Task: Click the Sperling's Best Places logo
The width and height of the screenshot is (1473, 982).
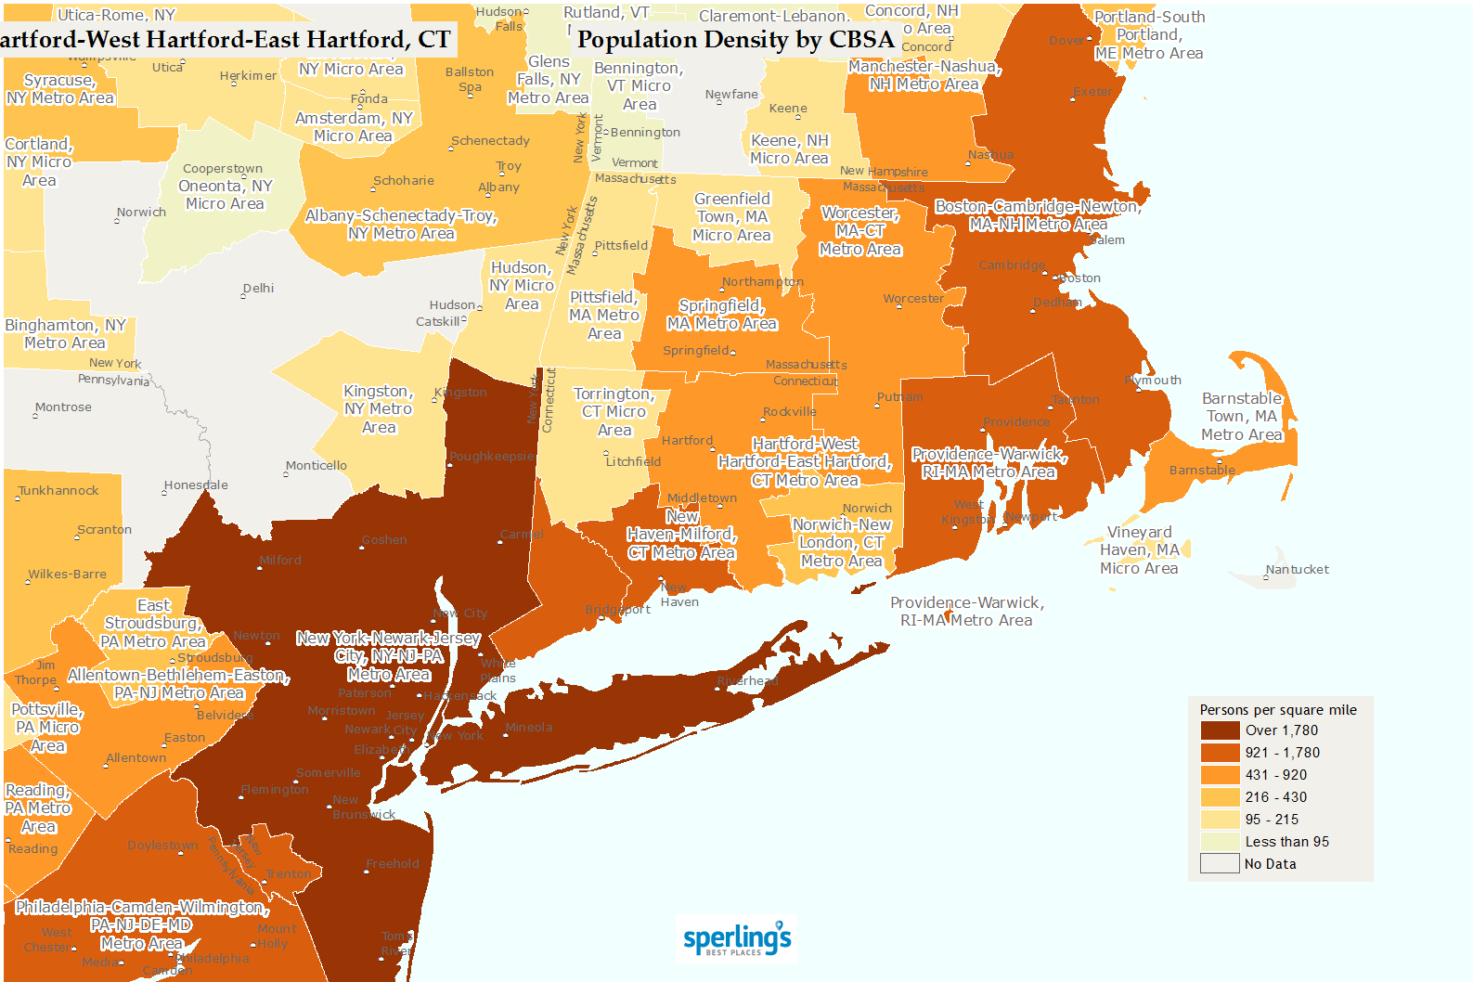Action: click(x=737, y=939)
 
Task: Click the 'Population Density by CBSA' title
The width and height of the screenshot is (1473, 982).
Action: click(x=735, y=40)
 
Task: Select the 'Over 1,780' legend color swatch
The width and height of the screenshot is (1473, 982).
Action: click(x=1220, y=730)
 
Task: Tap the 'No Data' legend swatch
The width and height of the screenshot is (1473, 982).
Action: click(x=1220, y=864)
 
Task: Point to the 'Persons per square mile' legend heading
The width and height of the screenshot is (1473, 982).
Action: click(x=1277, y=710)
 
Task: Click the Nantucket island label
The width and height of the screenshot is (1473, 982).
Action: click(x=1297, y=570)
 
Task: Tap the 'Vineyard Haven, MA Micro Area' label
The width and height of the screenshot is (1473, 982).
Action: click(x=1139, y=550)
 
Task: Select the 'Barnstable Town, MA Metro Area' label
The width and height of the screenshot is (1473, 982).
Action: click(x=1241, y=417)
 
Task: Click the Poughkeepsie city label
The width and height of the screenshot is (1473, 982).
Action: click(x=492, y=457)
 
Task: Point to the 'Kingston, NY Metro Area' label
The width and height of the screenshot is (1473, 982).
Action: click(x=378, y=409)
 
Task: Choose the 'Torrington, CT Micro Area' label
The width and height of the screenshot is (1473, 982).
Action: click(x=614, y=412)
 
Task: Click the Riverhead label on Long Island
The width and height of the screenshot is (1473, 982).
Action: click(x=746, y=681)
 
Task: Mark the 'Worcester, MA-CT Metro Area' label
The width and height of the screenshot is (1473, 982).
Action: click(x=859, y=231)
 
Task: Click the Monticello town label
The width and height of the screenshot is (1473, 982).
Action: click(x=317, y=466)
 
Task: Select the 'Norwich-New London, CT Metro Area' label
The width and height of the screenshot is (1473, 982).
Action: click(x=841, y=543)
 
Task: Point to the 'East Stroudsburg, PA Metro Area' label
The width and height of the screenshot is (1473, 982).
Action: click(x=153, y=624)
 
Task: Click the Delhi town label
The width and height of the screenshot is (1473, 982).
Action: click(x=258, y=289)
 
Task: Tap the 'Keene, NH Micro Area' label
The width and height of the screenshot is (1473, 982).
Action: click(x=789, y=149)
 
